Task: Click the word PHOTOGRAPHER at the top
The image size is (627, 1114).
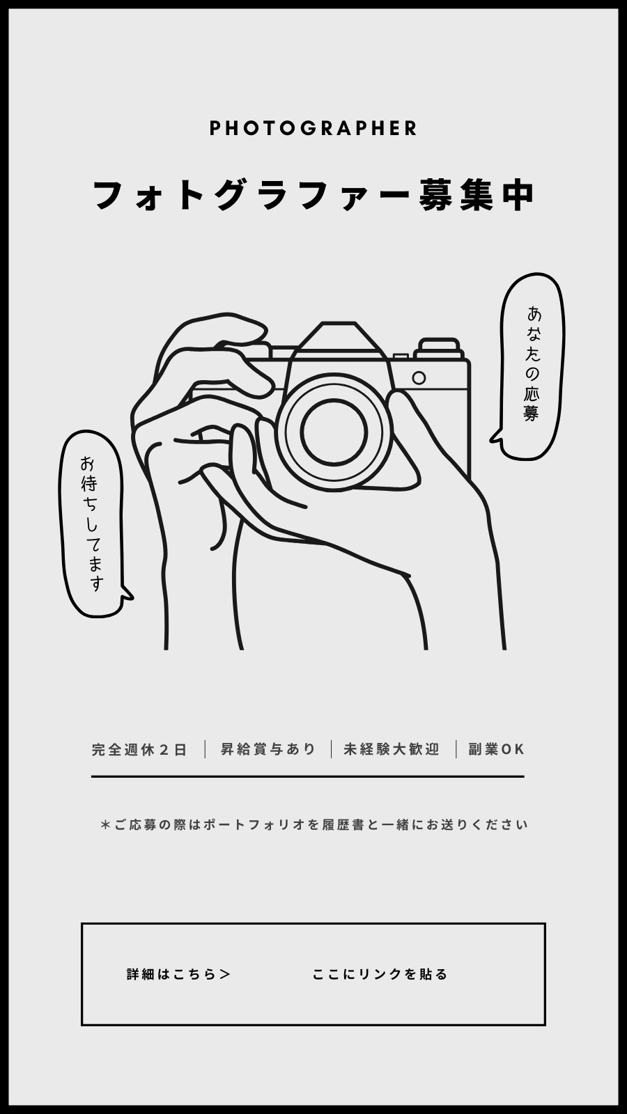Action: click(313, 128)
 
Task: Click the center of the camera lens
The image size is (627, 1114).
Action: click(334, 432)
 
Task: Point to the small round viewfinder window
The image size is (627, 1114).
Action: click(419, 378)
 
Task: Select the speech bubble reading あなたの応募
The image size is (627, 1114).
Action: click(532, 366)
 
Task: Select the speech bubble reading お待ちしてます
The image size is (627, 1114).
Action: click(93, 524)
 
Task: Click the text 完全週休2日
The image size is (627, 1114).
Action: click(139, 749)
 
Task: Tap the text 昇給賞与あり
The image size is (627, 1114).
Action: click(268, 749)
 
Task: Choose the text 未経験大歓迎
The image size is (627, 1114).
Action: click(392, 749)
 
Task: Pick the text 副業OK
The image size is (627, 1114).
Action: click(496, 749)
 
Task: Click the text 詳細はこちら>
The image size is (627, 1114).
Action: click(178, 974)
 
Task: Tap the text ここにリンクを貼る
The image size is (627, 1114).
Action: click(380, 974)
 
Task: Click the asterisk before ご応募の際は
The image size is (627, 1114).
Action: click(105, 824)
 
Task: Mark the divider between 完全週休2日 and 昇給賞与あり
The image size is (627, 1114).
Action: click(205, 749)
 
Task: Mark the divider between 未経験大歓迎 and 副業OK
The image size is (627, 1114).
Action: click(456, 749)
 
